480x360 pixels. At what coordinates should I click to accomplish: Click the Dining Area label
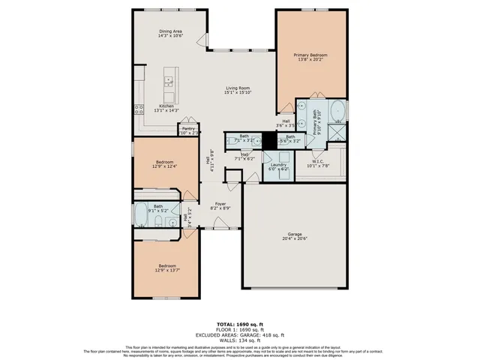[x=170, y=33]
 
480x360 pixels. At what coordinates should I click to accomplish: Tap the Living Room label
[x=238, y=91]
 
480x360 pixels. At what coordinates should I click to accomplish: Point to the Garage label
[x=295, y=235]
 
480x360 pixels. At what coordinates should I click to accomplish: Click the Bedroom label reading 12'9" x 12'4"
[x=165, y=164]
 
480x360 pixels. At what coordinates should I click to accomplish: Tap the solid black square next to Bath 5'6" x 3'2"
[x=266, y=140]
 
